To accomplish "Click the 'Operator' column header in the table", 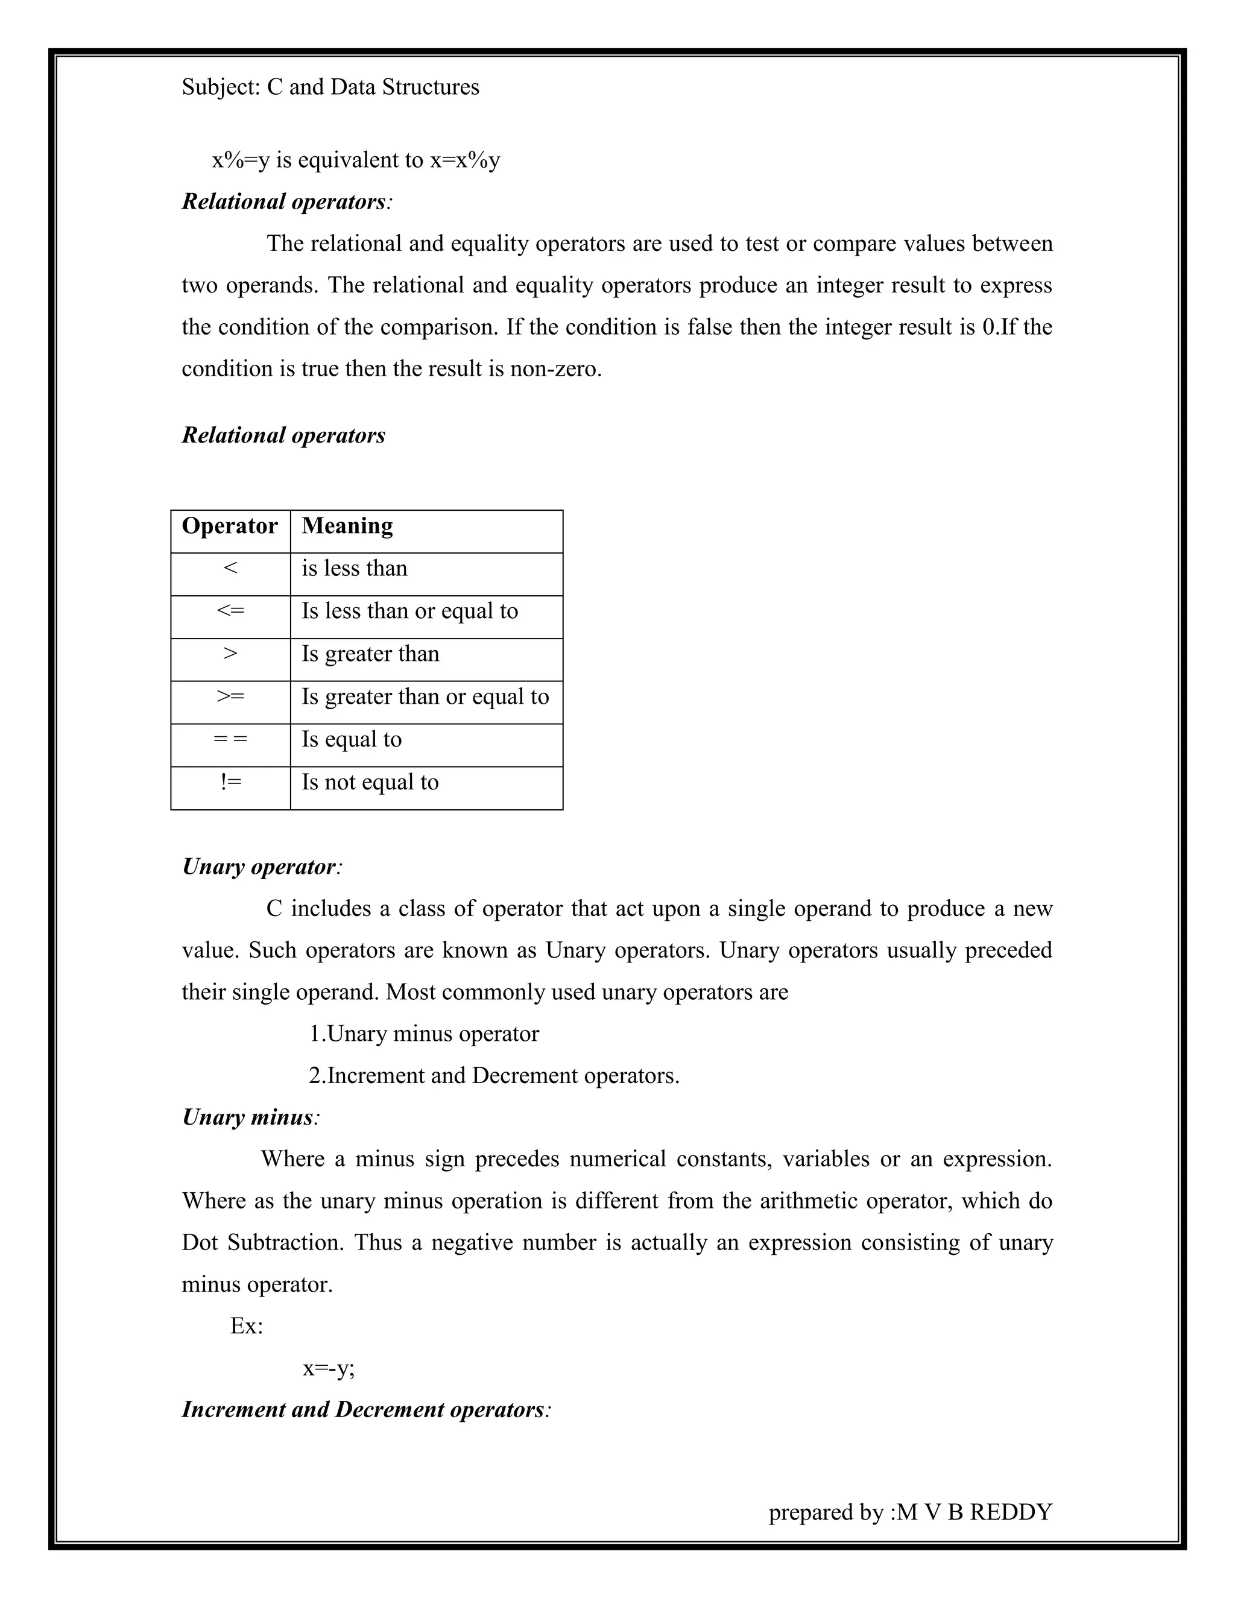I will coord(230,526).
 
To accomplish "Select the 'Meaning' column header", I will coord(347,526).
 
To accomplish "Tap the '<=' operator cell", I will coord(230,611).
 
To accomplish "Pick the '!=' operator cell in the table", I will coord(230,782).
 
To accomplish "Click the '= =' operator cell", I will coord(230,740).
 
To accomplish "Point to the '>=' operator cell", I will coord(230,696).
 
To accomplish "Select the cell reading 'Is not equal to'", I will coord(370,783).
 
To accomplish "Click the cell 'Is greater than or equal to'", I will coord(425,697).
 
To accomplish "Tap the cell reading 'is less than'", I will coord(354,569).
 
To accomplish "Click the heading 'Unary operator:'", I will coord(262,867).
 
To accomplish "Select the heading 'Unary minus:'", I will coord(250,1117).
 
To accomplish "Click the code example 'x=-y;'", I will coord(329,1368).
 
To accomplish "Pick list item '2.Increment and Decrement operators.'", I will coord(494,1076).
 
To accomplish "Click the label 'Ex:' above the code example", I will coord(247,1326).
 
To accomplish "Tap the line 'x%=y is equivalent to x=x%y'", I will coord(356,160).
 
